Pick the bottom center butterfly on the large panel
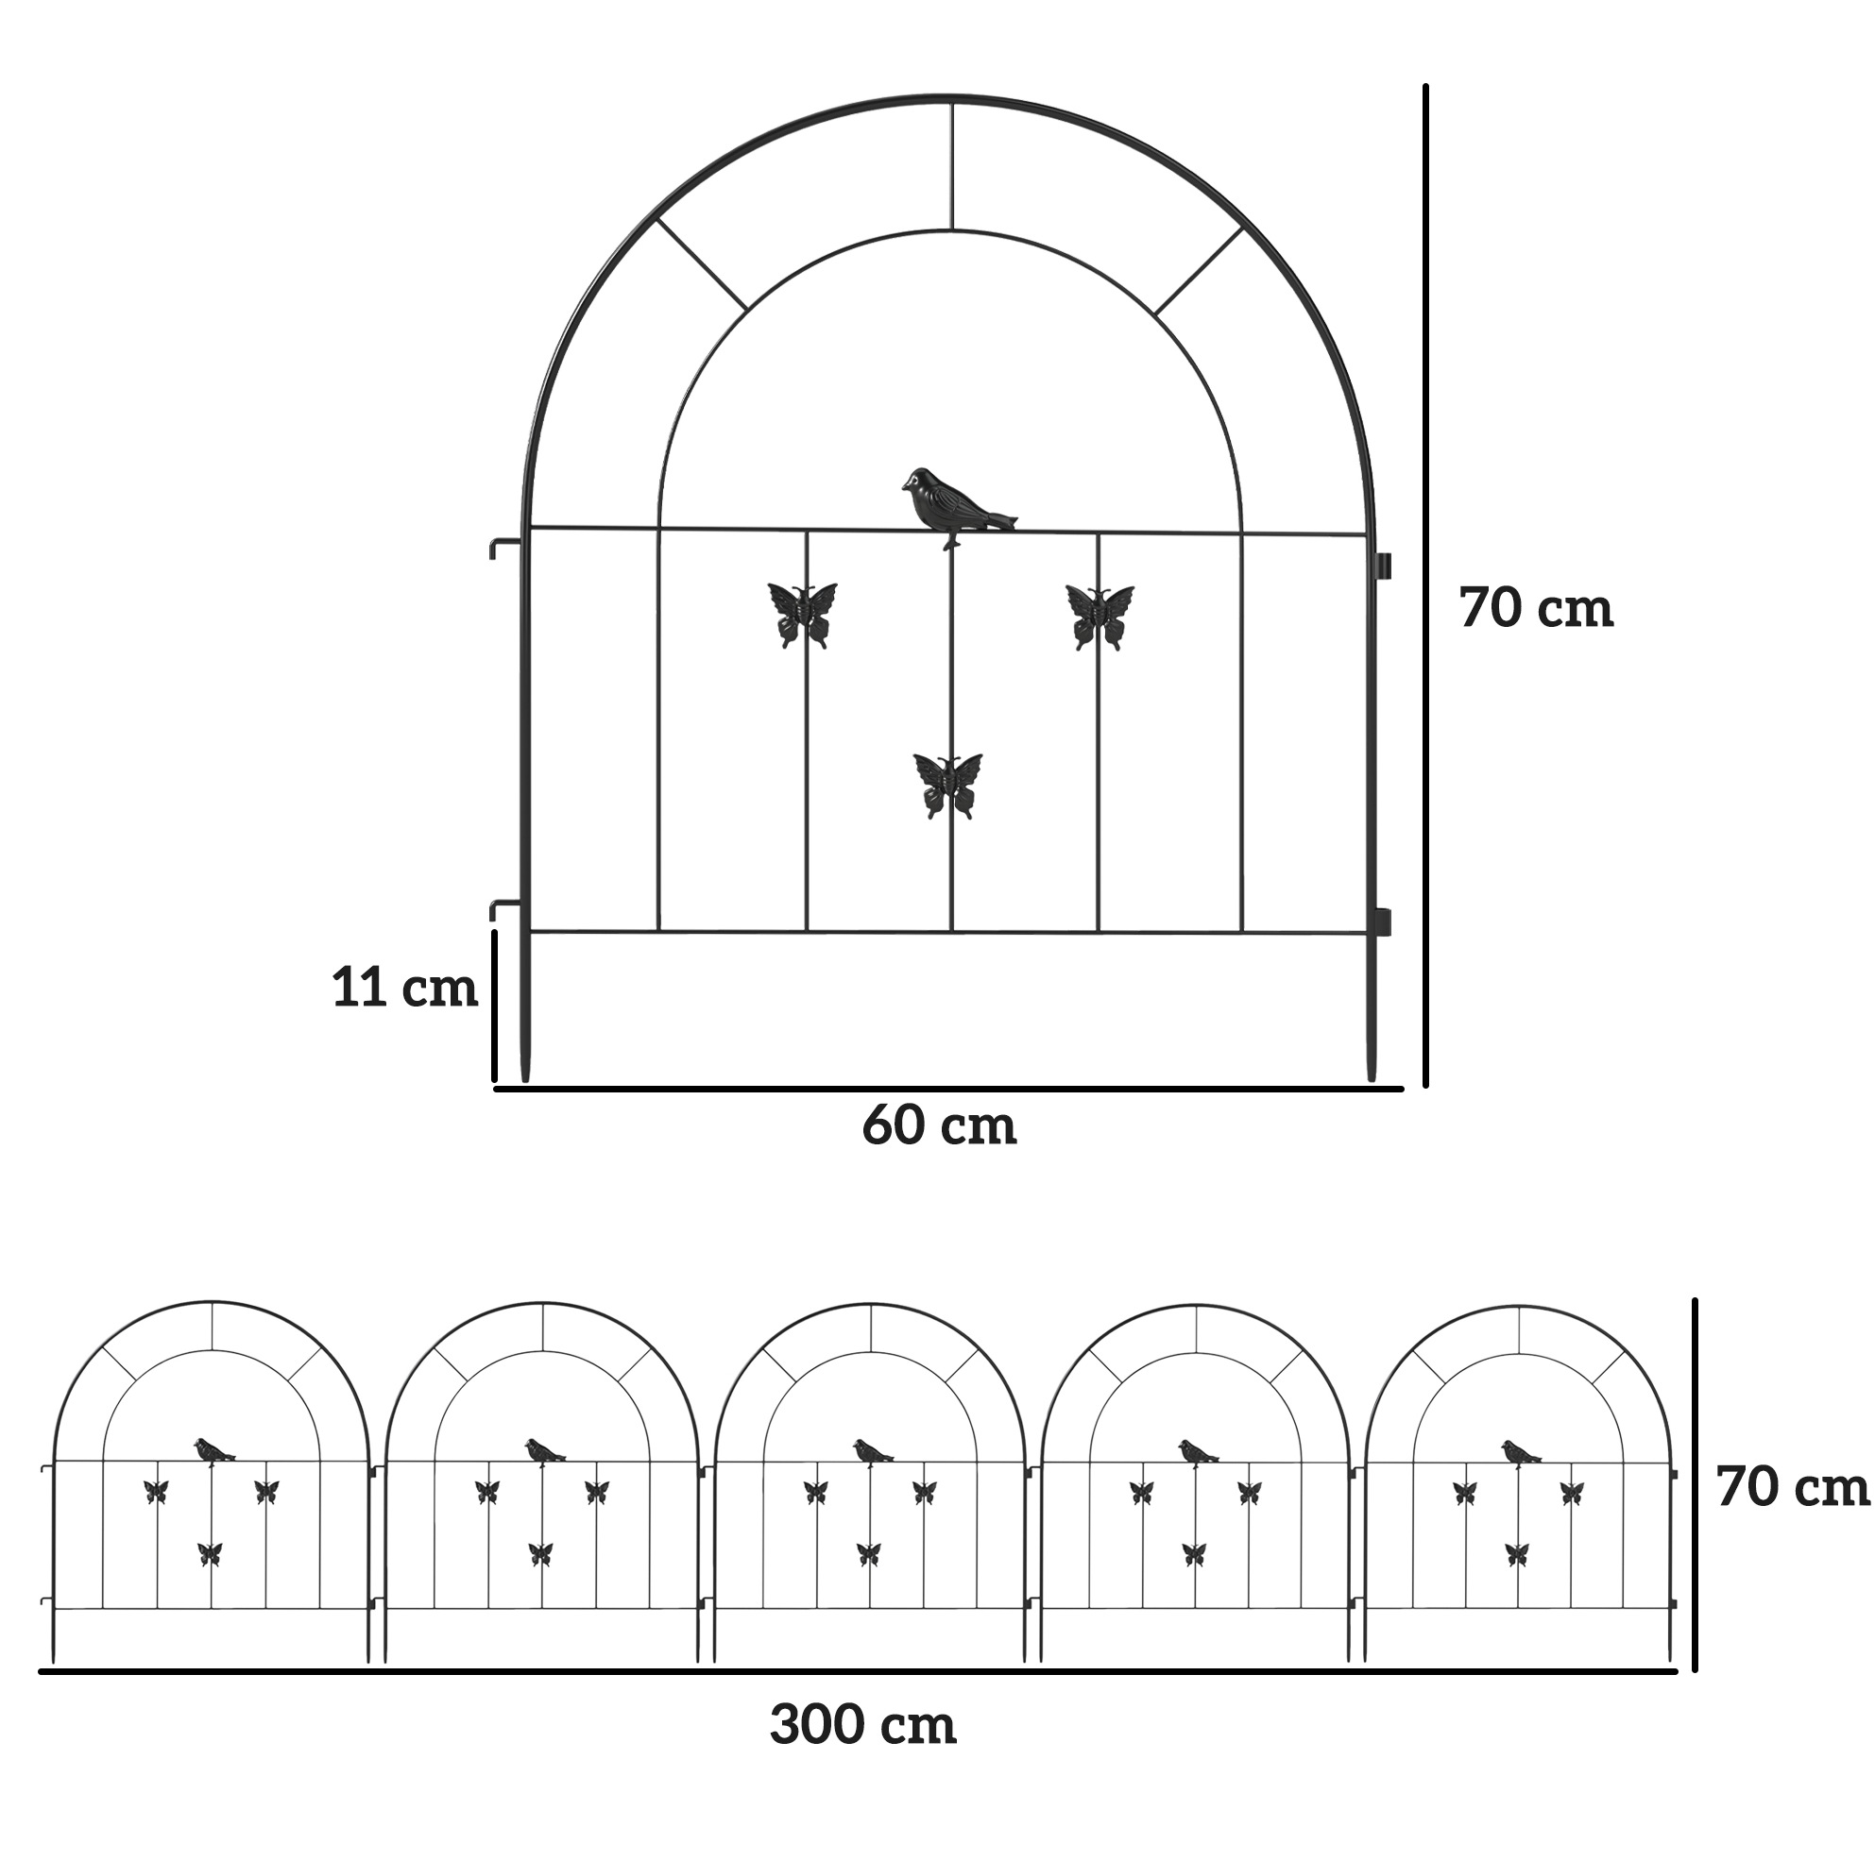tap(948, 786)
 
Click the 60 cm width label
tap(940, 1125)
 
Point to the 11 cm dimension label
tap(404, 988)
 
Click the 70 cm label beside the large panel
tap(1536, 608)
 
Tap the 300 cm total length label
tap(862, 1725)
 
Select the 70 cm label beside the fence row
tap(1793, 1487)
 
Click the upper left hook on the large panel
tap(506, 548)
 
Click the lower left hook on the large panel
tap(506, 910)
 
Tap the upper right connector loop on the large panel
tap(1383, 566)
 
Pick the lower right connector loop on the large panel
tap(1383, 922)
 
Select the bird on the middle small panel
tap(873, 1452)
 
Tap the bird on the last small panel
tap(1521, 1453)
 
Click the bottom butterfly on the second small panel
tap(540, 1553)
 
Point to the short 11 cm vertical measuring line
tap(495, 1007)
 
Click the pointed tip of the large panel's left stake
tap(526, 1080)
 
